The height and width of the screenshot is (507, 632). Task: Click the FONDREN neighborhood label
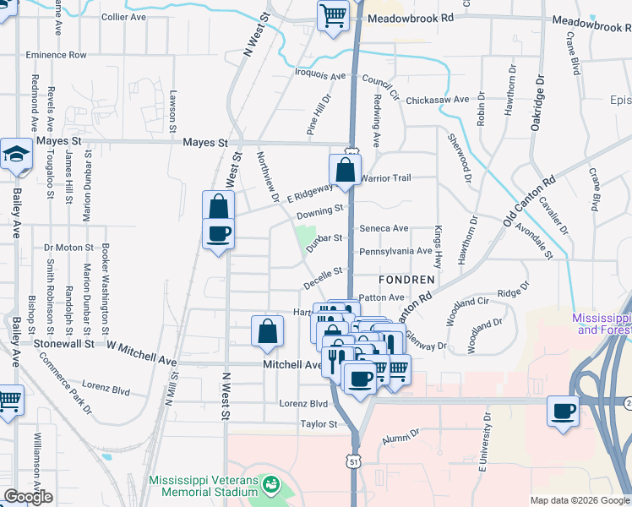(x=413, y=279)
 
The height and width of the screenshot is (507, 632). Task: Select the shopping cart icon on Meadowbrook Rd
(x=333, y=14)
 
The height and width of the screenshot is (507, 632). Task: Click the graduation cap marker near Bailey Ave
(x=16, y=155)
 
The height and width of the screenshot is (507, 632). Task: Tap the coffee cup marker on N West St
(x=218, y=234)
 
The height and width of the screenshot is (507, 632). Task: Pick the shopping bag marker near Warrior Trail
(x=346, y=170)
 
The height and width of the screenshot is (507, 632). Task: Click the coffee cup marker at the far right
(x=564, y=412)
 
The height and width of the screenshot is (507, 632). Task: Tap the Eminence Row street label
(x=56, y=55)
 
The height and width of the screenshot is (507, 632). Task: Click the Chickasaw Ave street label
(x=437, y=100)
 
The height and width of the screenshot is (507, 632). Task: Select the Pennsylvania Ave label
(x=395, y=251)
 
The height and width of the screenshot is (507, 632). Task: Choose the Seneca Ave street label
(x=384, y=228)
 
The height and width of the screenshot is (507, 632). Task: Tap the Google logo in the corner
(x=28, y=497)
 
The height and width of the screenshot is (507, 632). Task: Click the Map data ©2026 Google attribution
(x=580, y=500)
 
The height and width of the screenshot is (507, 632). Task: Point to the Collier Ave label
(x=124, y=17)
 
